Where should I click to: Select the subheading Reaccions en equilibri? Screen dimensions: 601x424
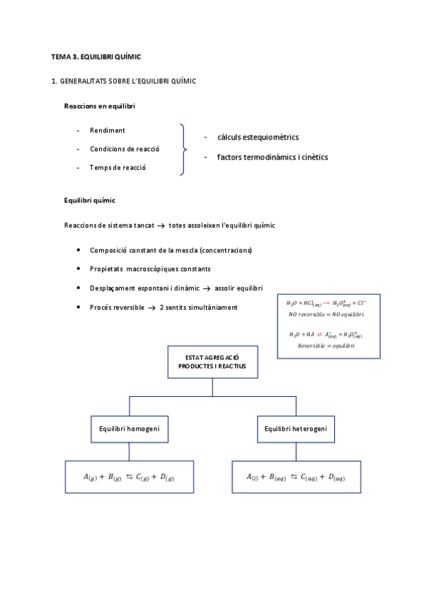[100, 106]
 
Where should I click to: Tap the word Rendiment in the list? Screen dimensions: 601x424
[108, 130]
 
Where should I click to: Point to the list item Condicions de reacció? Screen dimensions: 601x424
[125, 149]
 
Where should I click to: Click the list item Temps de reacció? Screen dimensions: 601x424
[118, 167]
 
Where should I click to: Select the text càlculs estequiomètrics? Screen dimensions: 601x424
[258, 137]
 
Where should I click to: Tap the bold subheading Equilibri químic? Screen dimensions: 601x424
[90, 201]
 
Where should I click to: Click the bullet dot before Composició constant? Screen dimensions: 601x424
[77, 250]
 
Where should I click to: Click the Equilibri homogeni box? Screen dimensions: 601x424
[129, 429]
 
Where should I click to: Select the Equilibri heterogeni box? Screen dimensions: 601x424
[296, 429]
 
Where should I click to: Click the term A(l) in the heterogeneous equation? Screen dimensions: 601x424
[253, 478]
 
